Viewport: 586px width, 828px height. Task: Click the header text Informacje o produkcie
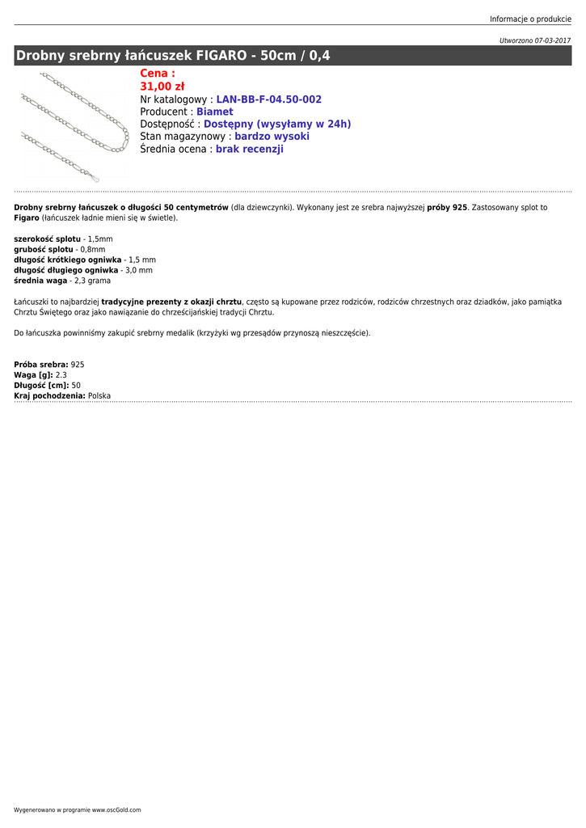pos(530,19)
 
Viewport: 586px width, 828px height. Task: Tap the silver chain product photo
pos(74,125)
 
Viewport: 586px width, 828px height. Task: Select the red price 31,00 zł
pos(162,87)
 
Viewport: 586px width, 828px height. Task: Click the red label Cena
pos(157,74)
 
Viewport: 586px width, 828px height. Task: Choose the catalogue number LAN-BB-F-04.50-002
pos(268,99)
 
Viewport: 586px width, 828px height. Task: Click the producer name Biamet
pos(214,112)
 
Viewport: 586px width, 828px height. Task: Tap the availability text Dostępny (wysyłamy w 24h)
pos(277,125)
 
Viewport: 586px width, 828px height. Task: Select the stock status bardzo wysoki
pos(272,137)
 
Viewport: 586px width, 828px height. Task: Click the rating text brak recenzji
pos(249,150)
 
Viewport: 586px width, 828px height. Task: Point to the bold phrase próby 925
pos(447,208)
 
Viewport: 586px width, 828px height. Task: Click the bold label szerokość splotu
pos(48,239)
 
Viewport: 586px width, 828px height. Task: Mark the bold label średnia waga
pos(40,281)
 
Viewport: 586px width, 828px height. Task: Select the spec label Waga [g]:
pos(33,375)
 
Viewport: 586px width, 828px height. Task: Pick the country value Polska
pos(99,396)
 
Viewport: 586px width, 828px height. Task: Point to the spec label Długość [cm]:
pos(41,386)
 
